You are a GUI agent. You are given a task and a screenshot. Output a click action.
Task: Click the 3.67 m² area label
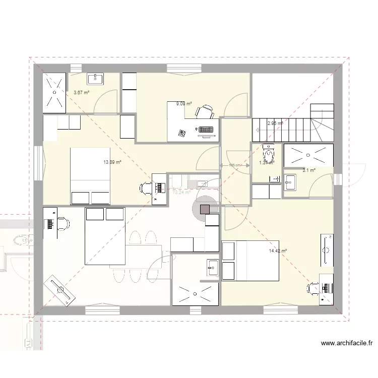[81, 93]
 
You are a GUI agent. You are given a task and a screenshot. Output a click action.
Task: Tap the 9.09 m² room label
[183, 104]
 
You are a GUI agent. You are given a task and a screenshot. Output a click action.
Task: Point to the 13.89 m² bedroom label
[112, 162]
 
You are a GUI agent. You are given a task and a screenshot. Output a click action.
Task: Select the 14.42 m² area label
[278, 250]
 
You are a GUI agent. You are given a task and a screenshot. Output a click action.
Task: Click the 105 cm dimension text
[235, 165]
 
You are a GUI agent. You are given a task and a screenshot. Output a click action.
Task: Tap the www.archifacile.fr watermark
[347, 344]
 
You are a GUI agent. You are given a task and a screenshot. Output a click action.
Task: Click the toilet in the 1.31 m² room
[268, 152]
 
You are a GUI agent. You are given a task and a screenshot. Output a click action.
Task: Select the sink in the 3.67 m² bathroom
[95, 79]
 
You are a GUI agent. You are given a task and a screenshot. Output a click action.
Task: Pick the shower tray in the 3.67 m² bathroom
[54, 93]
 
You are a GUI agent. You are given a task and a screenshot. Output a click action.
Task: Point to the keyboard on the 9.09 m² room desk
[206, 130]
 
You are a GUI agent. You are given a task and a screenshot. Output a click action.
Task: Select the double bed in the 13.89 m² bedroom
[90, 176]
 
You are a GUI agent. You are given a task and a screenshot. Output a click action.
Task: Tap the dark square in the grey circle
[205, 209]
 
